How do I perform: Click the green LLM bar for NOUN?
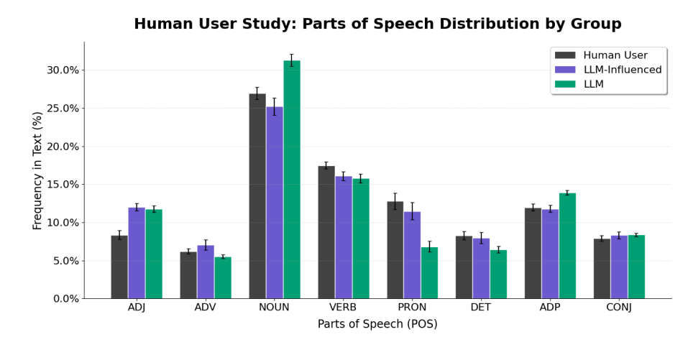291,180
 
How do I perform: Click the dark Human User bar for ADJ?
119,267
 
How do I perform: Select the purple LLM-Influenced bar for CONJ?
619,267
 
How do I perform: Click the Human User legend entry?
615,55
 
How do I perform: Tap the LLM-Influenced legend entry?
622,70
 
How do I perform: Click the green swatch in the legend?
565,84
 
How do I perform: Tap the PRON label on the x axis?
412,308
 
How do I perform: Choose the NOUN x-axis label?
274,308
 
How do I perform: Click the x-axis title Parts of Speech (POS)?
377,325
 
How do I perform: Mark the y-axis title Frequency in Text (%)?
38,170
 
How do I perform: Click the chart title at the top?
377,24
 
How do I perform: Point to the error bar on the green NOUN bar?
291,60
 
